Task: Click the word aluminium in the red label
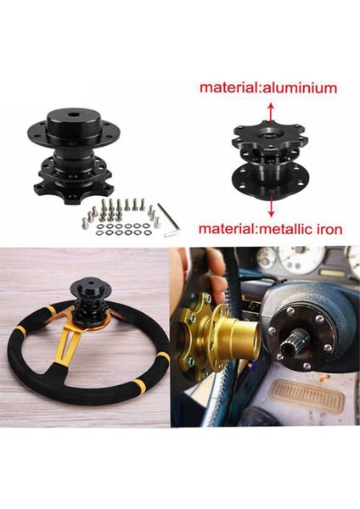299,88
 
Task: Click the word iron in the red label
329,229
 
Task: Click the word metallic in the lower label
286,229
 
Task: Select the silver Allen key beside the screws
170,220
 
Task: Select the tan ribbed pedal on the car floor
307,395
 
